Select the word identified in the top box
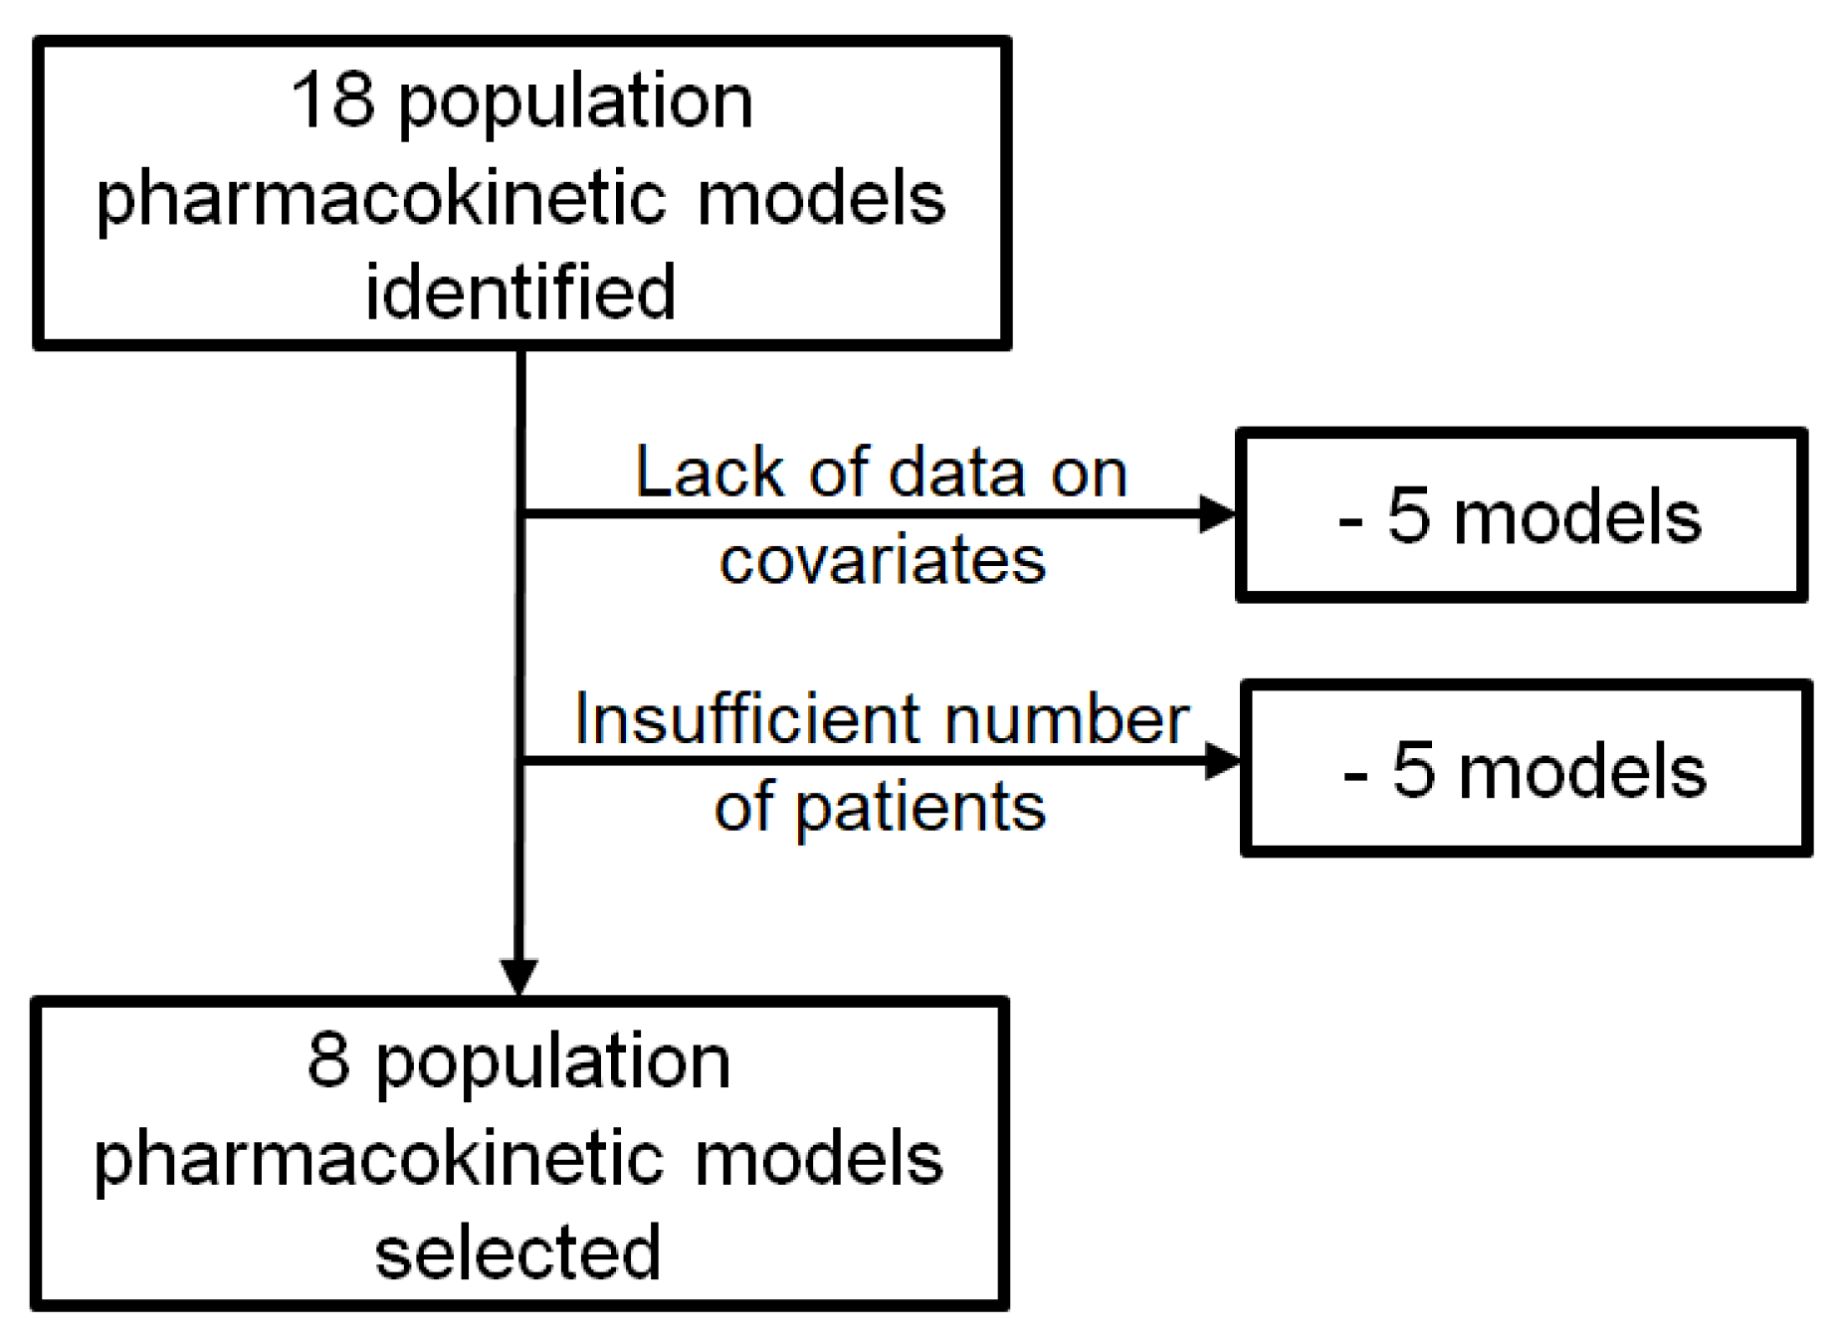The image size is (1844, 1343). (520, 292)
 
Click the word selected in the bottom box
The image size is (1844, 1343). (517, 1251)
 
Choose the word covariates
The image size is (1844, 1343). (883, 559)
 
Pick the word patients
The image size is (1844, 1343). (921, 807)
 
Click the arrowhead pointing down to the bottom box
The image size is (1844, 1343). (518, 975)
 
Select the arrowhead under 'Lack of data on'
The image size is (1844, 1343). (1216, 513)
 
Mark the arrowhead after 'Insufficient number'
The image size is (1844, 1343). (1221, 762)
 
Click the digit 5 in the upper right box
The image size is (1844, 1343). (1408, 516)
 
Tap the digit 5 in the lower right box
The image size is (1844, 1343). (1413, 770)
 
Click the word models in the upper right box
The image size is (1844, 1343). (1577, 517)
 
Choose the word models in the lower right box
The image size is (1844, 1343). (1582, 771)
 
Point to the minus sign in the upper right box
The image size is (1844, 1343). (1350, 521)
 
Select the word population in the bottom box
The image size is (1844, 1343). (552, 1062)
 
